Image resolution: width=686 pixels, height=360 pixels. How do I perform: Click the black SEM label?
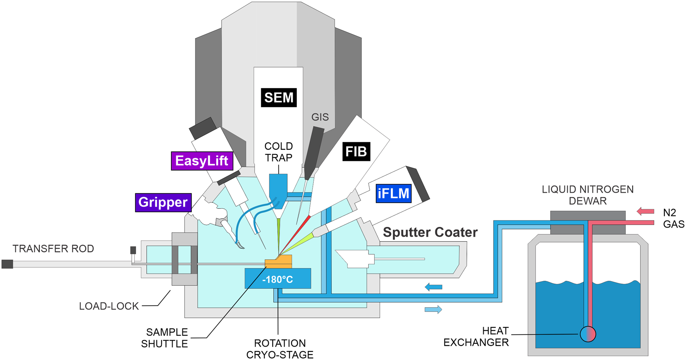click(279, 98)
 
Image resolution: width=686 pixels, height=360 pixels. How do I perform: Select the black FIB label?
click(356, 151)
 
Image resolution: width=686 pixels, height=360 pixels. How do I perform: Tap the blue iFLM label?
click(393, 194)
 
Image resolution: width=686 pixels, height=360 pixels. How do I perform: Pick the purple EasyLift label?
click(202, 161)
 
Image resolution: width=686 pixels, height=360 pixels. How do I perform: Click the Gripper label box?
click(163, 202)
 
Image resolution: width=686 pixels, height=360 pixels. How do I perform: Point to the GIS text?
click(320, 117)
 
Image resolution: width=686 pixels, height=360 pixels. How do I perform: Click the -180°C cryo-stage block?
click(277, 279)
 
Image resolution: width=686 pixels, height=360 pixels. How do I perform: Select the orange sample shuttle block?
click(279, 262)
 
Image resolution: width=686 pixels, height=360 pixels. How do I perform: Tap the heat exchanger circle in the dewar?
click(588, 334)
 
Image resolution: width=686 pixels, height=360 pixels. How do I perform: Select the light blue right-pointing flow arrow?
click(433, 310)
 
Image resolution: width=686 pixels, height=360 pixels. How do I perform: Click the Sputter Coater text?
click(430, 232)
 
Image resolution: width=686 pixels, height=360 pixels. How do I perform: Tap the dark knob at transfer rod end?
click(7, 264)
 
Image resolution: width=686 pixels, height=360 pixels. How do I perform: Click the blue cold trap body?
click(278, 189)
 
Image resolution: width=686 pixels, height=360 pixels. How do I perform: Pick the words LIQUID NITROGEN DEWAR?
click(588, 195)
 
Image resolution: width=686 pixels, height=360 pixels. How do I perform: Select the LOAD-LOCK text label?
click(109, 306)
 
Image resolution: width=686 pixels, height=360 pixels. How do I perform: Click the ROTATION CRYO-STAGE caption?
click(280, 349)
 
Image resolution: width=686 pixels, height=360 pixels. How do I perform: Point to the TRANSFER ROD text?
click(53, 249)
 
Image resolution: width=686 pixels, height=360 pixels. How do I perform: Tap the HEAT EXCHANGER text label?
click(476, 337)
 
